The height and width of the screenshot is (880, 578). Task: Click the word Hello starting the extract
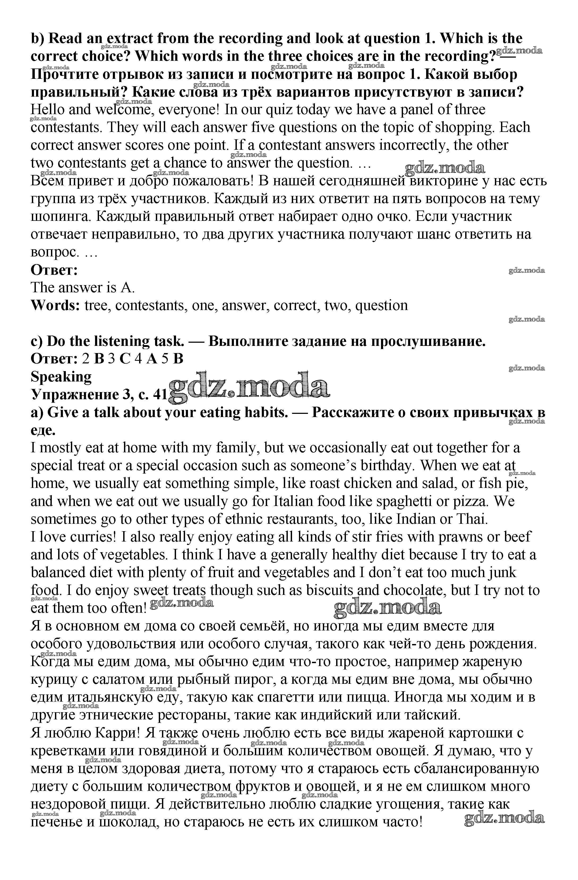(x=48, y=110)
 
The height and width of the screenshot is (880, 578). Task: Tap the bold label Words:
(x=55, y=306)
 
